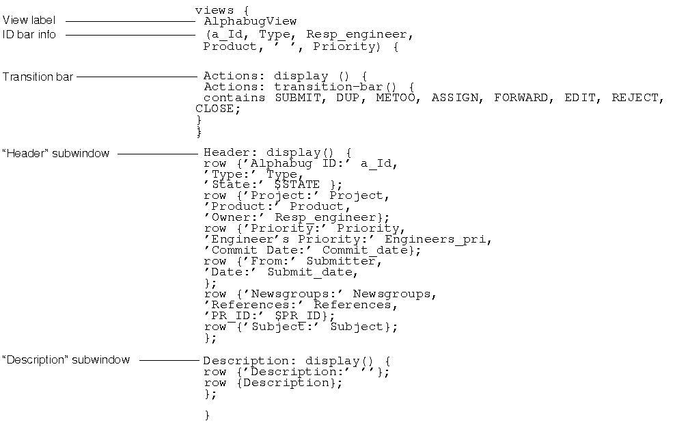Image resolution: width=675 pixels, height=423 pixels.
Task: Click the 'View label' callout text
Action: (29, 21)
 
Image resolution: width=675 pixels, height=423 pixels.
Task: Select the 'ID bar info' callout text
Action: (29, 34)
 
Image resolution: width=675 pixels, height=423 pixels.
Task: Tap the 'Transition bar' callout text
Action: (38, 77)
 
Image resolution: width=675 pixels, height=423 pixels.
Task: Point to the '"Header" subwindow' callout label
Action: (55, 154)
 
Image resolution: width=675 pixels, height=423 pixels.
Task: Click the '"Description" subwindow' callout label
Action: (66, 359)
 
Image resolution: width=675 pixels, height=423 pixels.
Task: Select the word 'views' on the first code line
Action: (215, 10)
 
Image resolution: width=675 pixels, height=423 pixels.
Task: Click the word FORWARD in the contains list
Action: (521, 98)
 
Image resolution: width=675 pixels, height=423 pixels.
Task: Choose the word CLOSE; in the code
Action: (218, 109)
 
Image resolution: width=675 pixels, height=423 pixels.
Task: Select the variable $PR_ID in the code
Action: (298, 316)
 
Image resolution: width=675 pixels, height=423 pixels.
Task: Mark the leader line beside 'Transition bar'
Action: (137, 77)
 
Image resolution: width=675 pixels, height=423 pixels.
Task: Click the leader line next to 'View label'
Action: (130, 21)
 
